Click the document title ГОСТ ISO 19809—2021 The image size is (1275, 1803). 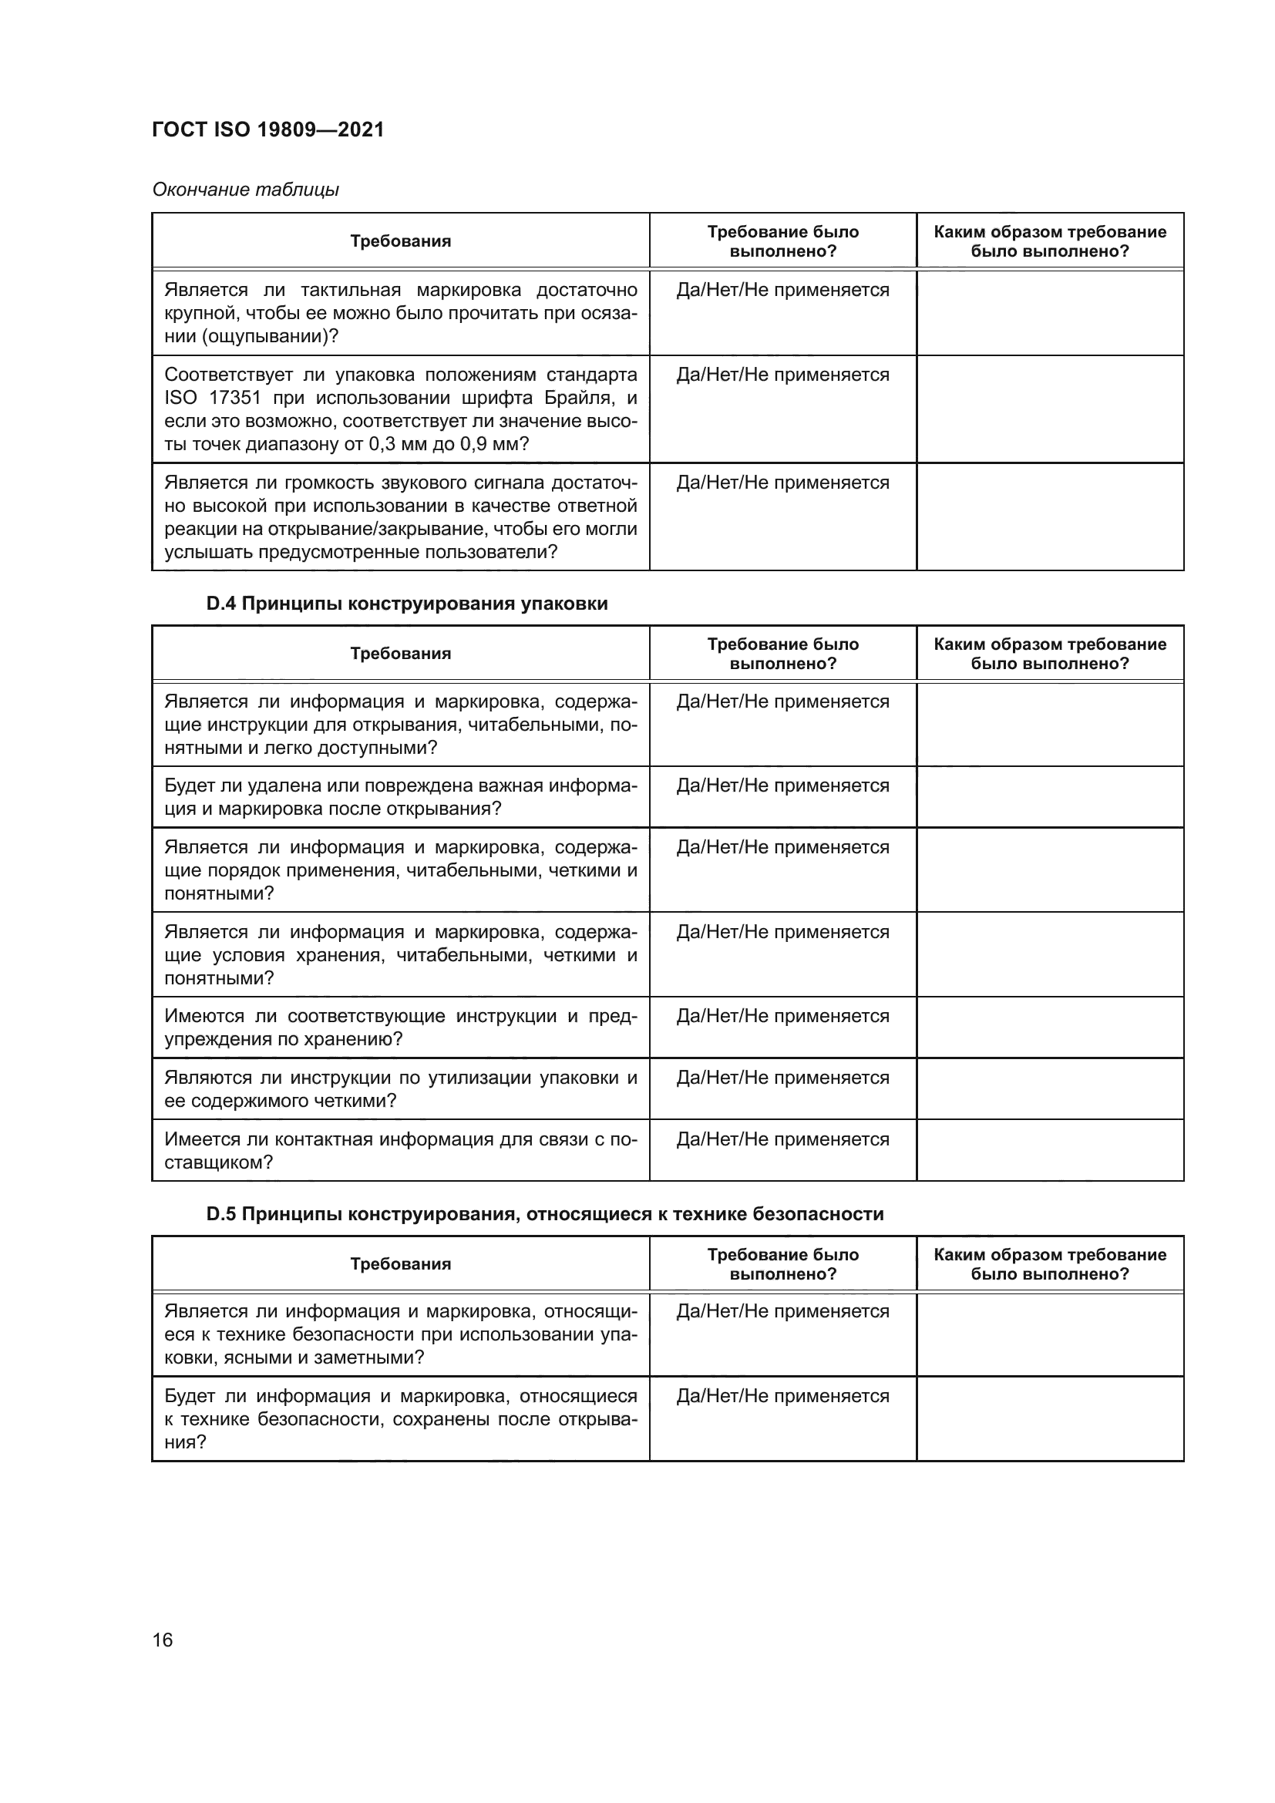(x=267, y=130)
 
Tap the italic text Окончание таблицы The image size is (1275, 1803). (x=245, y=190)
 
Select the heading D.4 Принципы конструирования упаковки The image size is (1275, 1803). (x=407, y=603)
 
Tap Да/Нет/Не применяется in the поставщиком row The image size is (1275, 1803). (x=782, y=1139)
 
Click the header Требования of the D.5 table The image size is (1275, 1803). (x=400, y=1263)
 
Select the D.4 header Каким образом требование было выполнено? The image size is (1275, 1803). (x=1050, y=654)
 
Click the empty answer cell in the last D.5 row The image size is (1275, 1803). (x=1050, y=1418)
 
